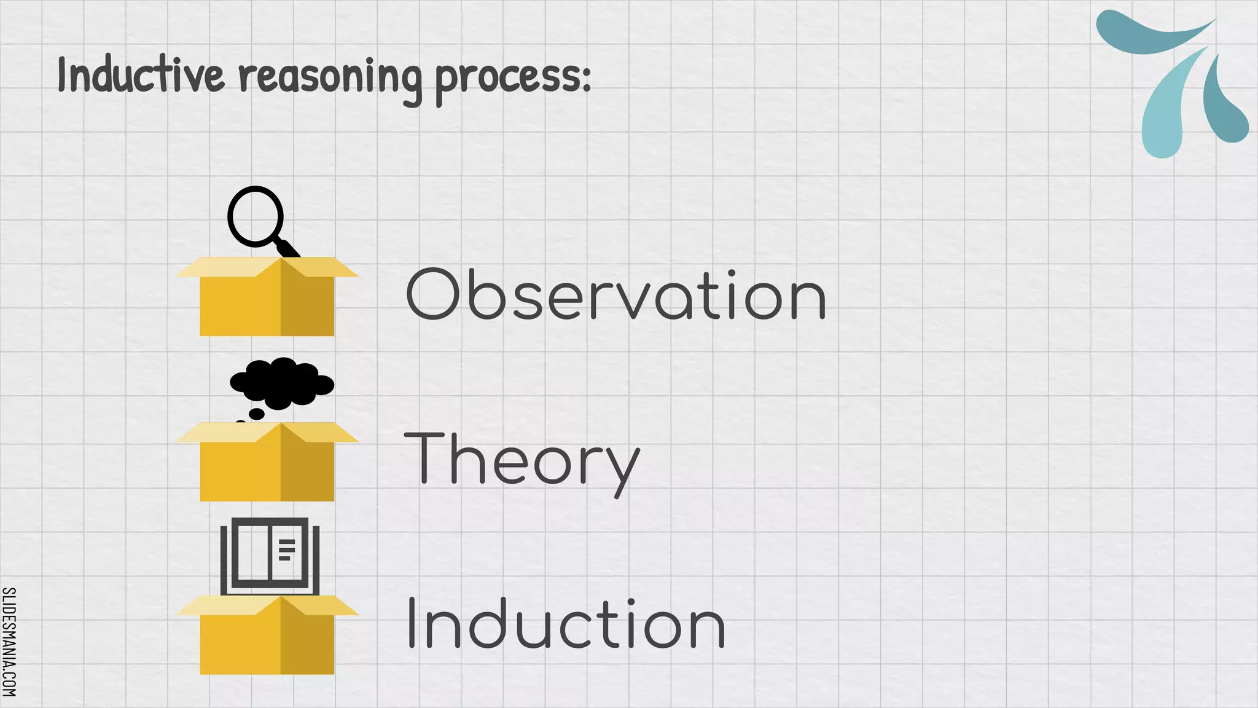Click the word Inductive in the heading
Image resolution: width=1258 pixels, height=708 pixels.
[x=141, y=76]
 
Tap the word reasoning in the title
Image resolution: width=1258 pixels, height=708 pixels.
[x=330, y=78]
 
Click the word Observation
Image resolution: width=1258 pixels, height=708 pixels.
[x=616, y=296]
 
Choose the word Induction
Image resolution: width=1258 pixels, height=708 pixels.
[x=566, y=624]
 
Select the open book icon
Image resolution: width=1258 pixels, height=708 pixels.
[x=270, y=555]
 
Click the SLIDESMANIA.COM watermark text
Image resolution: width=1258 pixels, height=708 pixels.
[x=9, y=642]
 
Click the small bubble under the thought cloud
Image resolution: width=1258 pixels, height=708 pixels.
[x=256, y=414]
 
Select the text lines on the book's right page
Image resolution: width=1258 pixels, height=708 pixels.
[x=286, y=549]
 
